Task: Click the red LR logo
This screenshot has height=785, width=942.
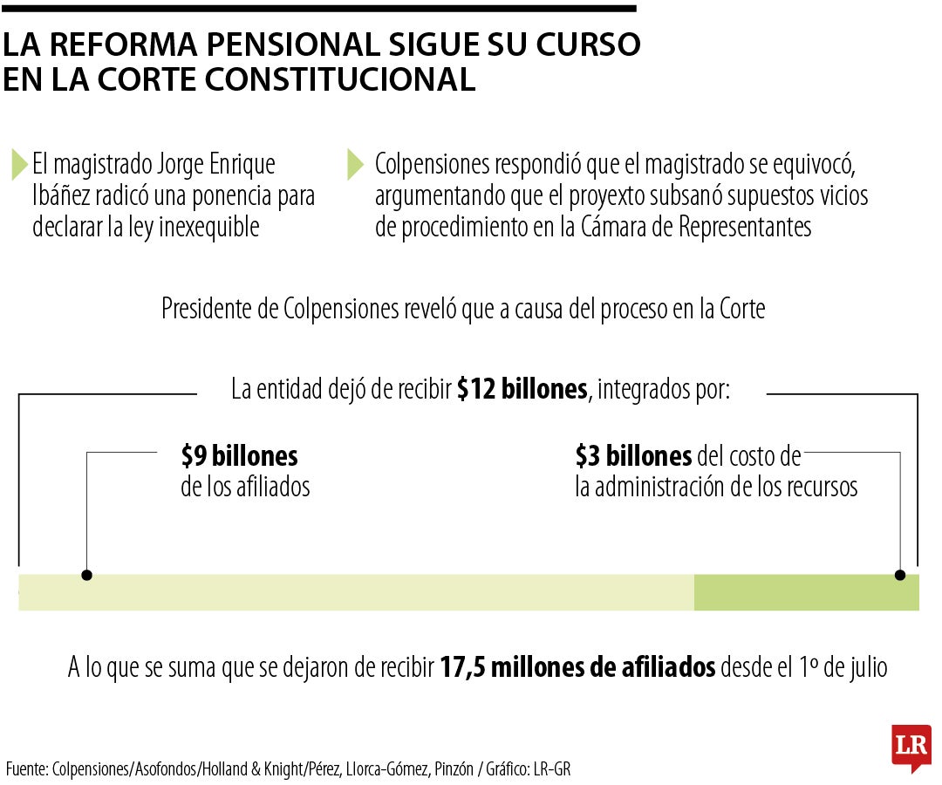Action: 911,746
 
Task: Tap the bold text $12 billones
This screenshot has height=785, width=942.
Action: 522,389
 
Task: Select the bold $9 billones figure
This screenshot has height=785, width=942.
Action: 239,456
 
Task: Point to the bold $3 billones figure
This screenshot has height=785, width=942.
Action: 633,456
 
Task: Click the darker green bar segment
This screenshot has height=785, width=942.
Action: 806,592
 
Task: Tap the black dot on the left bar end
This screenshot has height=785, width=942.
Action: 86,575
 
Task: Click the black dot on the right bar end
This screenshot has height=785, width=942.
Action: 900,575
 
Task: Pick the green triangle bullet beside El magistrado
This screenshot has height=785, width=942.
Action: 18,164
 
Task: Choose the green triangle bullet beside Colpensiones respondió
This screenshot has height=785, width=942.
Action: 354,164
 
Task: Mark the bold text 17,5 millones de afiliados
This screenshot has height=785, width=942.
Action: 577,668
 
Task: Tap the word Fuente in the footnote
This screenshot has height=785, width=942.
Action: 26,769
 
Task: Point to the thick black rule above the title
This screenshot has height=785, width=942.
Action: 318,9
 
